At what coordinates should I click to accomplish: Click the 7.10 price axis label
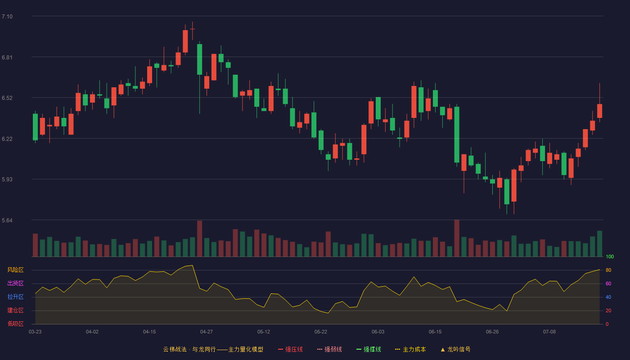[7, 17]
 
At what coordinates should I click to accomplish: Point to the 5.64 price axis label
[7, 220]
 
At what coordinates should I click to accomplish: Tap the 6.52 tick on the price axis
[7, 98]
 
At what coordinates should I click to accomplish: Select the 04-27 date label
[207, 332]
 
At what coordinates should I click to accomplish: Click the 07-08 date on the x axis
[549, 332]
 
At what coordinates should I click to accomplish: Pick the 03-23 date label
[35, 332]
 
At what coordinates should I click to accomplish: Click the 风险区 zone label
[15, 270]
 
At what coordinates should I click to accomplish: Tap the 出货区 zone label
[15, 283]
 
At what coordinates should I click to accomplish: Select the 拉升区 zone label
[15, 297]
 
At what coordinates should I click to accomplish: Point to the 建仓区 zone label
[15, 310]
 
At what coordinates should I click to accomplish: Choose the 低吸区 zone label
[15, 324]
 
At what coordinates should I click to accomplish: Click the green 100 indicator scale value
[610, 256]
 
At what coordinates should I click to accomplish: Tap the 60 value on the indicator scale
[608, 283]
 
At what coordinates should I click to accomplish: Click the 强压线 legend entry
[290, 349]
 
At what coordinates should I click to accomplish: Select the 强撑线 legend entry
[369, 349]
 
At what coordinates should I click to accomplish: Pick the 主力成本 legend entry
[410, 349]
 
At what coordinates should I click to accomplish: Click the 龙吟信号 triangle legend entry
[455, 349]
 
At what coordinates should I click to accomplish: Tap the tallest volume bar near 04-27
[200, 238]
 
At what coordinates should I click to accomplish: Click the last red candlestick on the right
[599, 111]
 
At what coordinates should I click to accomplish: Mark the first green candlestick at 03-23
[35, 127]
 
